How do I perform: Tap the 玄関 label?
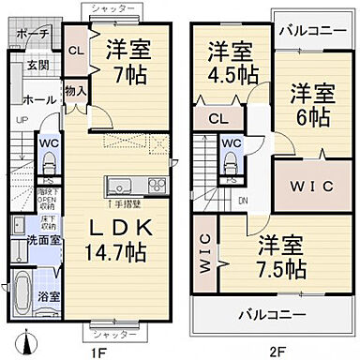point(37,67)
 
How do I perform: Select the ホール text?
point(37,96)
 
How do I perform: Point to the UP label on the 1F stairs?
point(22,119)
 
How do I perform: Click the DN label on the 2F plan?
point(244,200)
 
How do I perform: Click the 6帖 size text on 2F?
point(310,119)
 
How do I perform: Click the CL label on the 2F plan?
point(217,118)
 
